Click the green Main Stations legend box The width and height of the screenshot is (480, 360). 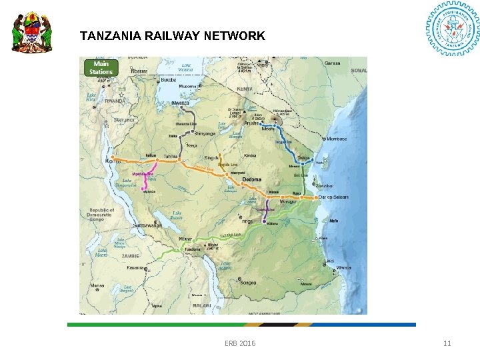pos(101,68)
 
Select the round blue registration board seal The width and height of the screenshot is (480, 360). pos(452,31)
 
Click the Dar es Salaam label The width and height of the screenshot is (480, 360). pos(333,197)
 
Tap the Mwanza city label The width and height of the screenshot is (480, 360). pos(181,103)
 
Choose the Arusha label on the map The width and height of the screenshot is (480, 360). pos(252,123)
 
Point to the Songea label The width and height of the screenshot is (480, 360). pos(247,283)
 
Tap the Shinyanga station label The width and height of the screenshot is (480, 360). pos(205,133)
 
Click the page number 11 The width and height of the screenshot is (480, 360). pos(447,343)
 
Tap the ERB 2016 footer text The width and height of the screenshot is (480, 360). pos(240,343)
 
